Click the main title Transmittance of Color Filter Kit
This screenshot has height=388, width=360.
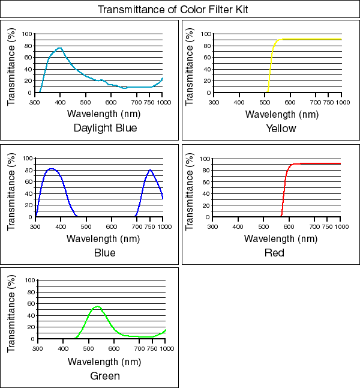tap(181, 10)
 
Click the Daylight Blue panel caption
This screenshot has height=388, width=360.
tap(105, 128)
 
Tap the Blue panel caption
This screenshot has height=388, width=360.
tap(105, 253)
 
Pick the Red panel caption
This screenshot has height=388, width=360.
tap(275, 253)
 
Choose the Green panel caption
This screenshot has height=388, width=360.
tap(105, 376)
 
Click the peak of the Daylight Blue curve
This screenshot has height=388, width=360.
tap(59, 48)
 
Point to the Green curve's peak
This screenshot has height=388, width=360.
tap(97, 306)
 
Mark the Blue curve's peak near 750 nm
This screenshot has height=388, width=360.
tap(150, 170)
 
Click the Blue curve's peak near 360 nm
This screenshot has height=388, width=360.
tap(51, 169)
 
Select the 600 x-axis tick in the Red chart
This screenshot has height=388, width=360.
tap(289, 226)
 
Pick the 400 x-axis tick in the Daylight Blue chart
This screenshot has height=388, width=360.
tap(61, 102)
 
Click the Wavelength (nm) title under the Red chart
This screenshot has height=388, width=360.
tap(280, 238)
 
